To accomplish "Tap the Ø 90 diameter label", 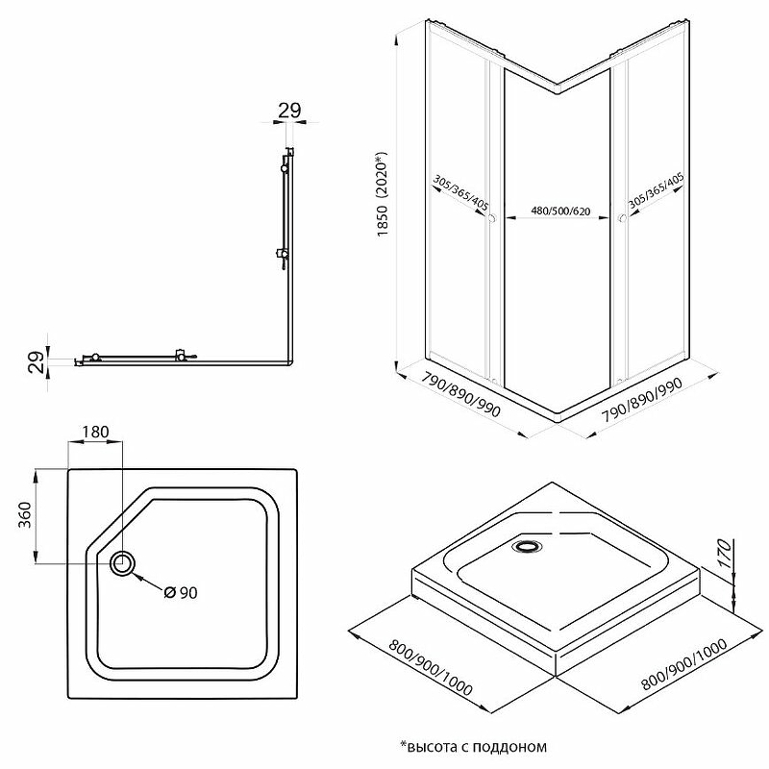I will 180,592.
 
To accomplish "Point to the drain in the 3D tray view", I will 528,548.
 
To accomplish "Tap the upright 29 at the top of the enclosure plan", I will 289,110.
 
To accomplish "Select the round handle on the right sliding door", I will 622,221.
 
